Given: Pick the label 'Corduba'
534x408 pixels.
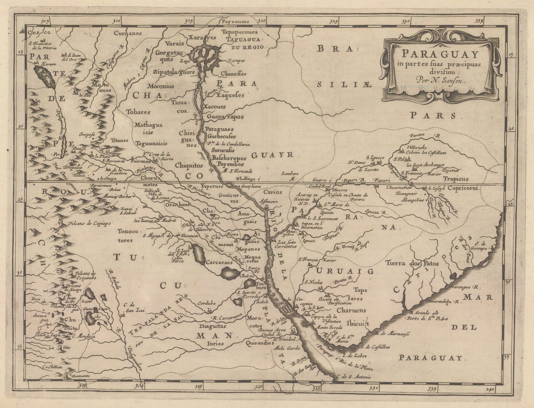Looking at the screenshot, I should click(x=207, y=303).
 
